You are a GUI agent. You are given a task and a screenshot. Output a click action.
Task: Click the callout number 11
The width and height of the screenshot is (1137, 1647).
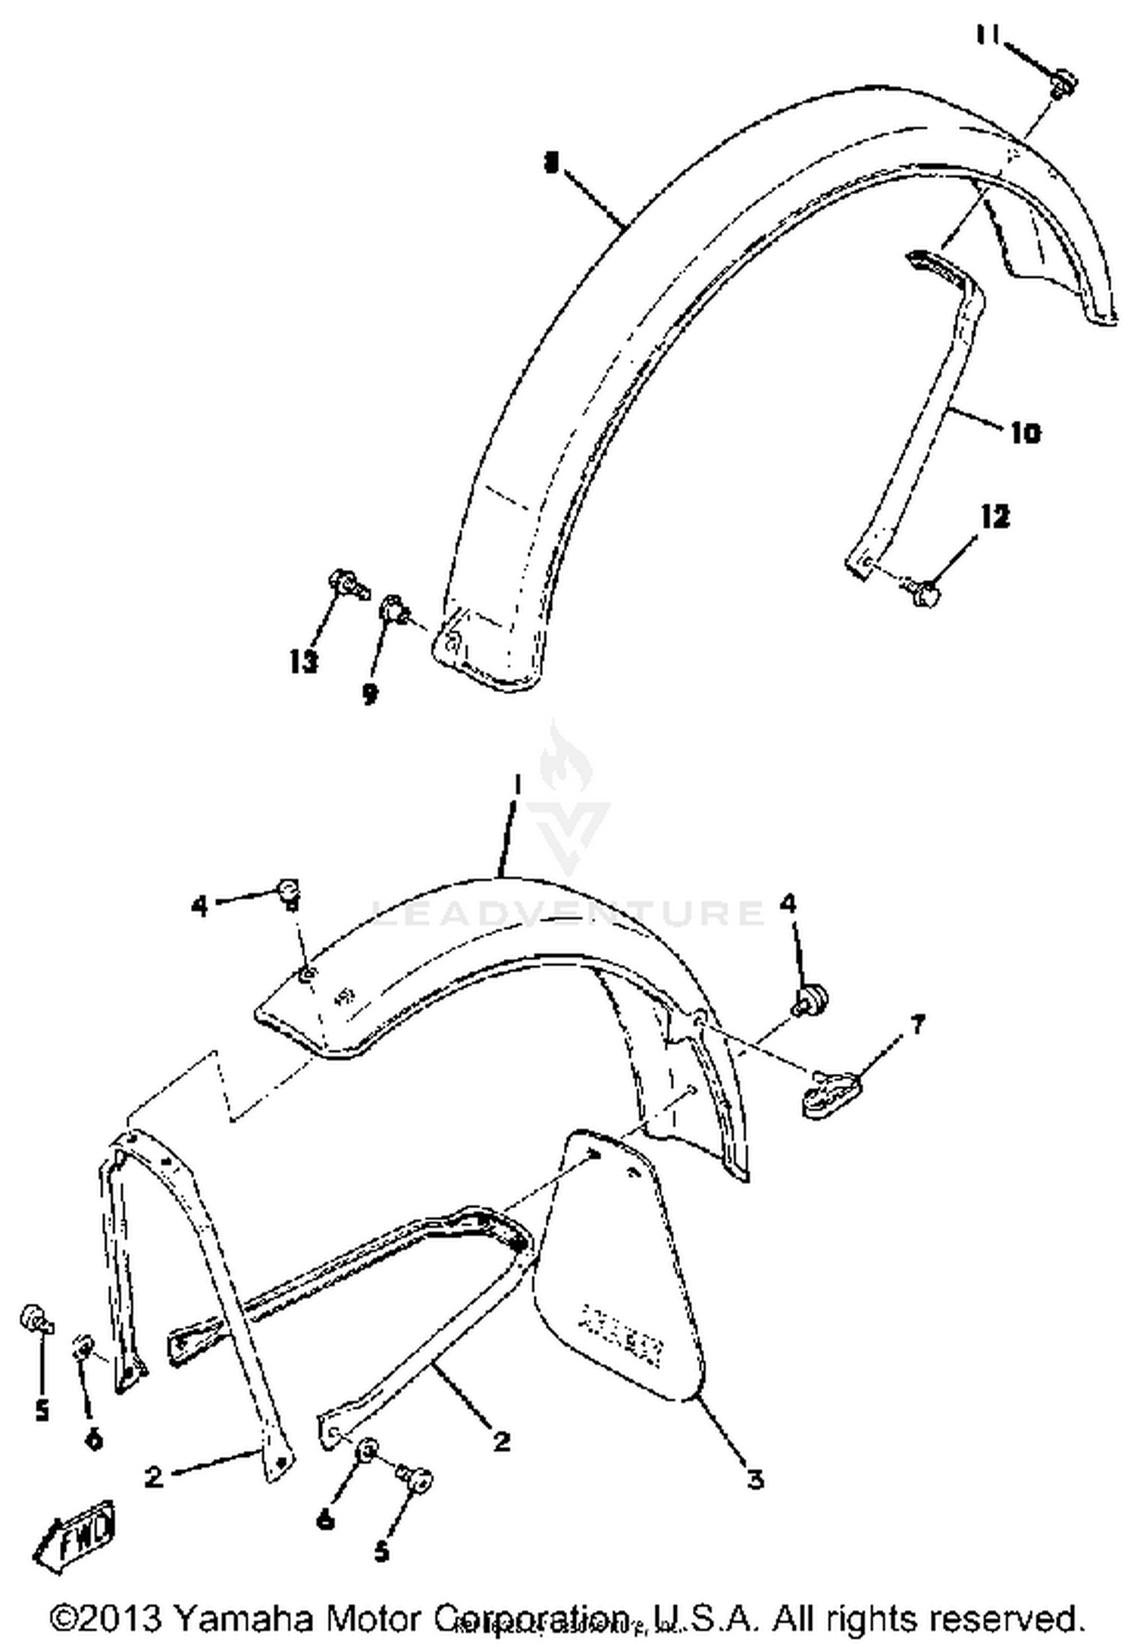[988, 36]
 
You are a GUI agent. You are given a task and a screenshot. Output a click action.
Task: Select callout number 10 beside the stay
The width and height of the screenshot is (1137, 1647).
[1024, 433]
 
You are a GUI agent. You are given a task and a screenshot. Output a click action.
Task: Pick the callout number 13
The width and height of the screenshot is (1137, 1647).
[303, 662]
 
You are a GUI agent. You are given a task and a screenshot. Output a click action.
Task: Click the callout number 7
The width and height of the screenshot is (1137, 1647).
[917, 1025]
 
